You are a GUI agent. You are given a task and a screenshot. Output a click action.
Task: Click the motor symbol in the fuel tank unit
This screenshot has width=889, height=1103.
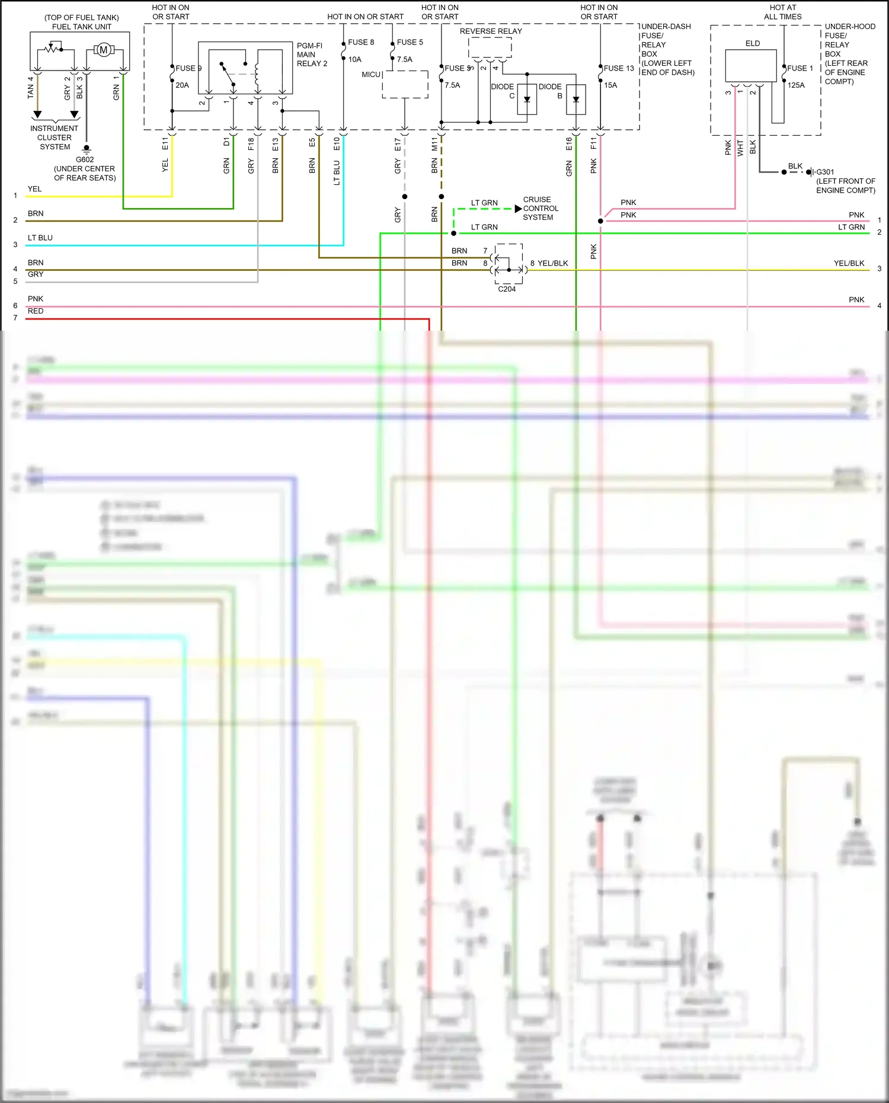coord(104,50)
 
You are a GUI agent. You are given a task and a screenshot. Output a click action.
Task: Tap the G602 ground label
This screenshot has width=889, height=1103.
coord(85,159)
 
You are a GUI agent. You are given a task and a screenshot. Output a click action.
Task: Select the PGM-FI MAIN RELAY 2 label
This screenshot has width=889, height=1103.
coord(312,55)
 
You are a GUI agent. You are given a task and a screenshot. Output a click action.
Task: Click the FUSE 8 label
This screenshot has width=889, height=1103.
coord(361,42)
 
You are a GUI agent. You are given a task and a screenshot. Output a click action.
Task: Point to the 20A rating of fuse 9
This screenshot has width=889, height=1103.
coord(182,85)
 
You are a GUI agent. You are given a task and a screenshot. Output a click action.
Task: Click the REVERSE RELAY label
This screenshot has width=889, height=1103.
coord(491,31)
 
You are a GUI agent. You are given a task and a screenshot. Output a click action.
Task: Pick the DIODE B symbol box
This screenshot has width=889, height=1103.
coord(576,100)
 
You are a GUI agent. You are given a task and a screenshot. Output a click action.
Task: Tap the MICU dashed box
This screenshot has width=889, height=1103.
coord(405,84)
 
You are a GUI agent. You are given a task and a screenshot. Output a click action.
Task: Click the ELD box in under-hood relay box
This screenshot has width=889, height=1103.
coord(751,65)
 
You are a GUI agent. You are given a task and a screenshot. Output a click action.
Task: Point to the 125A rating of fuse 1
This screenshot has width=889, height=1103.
coord(796,85)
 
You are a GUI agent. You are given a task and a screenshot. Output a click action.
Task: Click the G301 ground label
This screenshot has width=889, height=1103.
coord(825,172)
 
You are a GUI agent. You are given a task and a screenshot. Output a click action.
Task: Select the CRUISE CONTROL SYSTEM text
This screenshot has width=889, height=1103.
coord(541,209)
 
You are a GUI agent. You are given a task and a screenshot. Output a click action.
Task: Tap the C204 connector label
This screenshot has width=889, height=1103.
coord(507,289)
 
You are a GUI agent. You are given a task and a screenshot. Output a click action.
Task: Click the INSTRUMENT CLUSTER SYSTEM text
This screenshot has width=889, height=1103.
coord(55,138)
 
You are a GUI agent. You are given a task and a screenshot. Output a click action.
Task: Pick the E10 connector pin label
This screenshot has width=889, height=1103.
coord(337,143)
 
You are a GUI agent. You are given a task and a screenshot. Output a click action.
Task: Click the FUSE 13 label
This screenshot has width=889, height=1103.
coord(619,68)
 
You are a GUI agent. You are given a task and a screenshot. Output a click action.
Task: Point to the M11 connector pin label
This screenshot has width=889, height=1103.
coord(434,143)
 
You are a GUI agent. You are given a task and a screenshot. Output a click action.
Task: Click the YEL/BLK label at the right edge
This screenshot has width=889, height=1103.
coord(849,263)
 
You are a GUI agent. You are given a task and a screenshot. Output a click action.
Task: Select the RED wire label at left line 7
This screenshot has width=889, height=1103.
coord(36,311)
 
